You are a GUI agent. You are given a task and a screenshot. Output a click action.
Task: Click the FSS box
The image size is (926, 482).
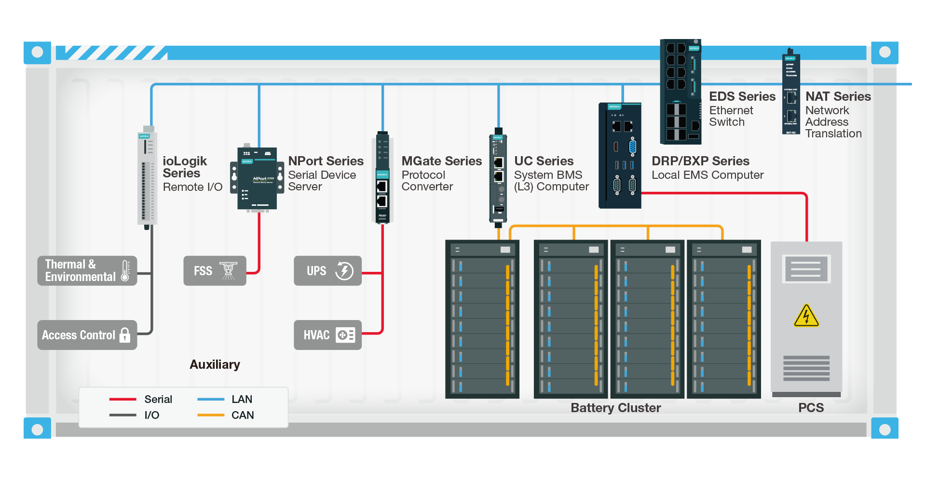215,271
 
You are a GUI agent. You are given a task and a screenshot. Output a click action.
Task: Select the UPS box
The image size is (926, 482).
327,271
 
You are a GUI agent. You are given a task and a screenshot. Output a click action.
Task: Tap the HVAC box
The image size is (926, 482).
327,335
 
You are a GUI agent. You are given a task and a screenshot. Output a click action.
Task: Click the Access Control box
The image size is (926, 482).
87,335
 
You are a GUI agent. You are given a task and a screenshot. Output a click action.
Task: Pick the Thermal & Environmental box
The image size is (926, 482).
87,271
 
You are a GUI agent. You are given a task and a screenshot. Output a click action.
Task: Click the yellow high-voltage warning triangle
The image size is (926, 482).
806,317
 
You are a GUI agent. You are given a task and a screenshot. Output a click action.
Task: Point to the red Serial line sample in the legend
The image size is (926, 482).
123,399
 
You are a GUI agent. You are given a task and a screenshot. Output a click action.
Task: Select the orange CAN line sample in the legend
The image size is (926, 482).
211,415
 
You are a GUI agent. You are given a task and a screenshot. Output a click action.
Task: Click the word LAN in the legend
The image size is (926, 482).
242,399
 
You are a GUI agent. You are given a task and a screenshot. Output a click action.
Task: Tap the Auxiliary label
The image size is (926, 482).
215,364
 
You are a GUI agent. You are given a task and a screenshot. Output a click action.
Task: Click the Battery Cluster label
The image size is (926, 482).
615,408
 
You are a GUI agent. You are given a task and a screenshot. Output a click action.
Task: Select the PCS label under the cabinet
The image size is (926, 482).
811,408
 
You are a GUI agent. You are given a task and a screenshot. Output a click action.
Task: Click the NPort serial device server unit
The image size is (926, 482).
257,179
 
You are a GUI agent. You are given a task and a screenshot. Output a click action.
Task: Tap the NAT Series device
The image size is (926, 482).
791,94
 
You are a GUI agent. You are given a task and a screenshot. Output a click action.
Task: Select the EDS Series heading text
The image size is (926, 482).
742,96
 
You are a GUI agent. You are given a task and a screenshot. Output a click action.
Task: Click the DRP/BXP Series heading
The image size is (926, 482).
700,161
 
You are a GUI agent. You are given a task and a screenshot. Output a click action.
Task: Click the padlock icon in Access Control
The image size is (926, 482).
125,335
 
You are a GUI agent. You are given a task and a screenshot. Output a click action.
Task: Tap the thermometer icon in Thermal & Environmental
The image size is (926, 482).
125,271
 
